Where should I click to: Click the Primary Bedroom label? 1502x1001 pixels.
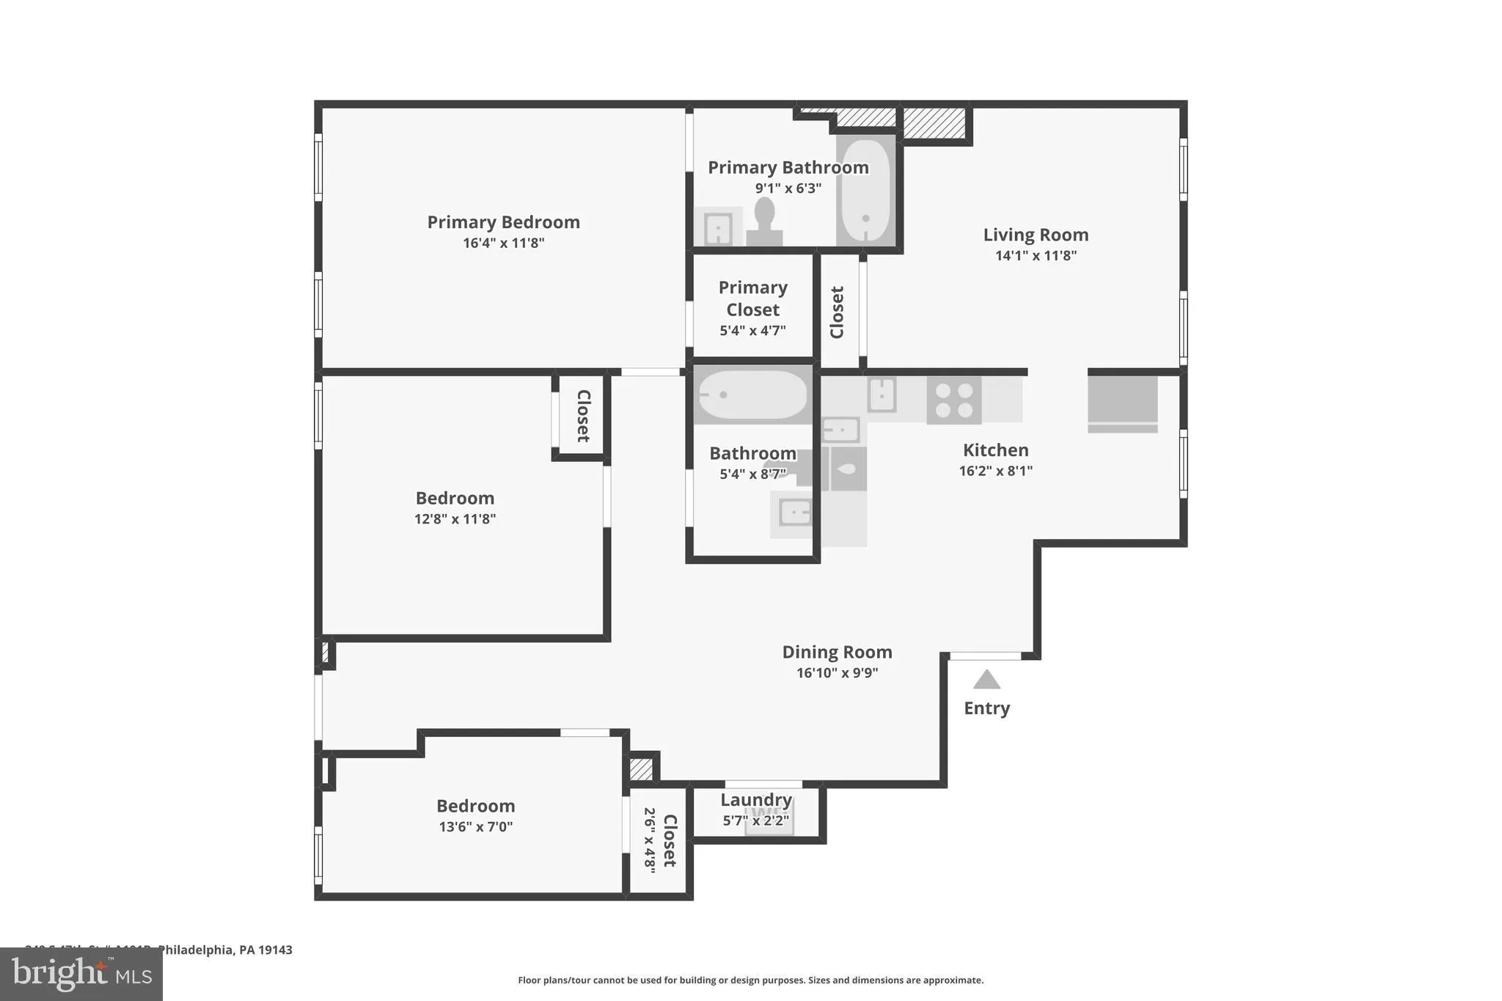point(503,222)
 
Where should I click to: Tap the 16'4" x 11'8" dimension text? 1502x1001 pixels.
point(503,243)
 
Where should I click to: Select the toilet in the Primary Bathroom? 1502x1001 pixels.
point(764,220)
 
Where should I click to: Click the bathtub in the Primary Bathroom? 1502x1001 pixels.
point(865,191)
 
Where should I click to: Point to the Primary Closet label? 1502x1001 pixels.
point(752,298)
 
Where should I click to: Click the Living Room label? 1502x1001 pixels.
point(1036,235)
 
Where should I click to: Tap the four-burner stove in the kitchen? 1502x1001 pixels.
point(953,400)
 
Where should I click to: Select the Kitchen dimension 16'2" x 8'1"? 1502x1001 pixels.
point(995,471)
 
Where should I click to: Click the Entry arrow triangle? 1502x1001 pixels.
point(986,681)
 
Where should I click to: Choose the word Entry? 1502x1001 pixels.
point(986,708)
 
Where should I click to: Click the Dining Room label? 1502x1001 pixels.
point(837,652)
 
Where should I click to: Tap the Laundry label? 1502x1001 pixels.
point(755,800)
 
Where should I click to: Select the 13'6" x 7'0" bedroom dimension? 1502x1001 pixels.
point(475,826)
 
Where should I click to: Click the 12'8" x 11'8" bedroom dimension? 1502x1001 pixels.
point(455,518)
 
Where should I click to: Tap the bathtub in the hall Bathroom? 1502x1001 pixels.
point(752,395)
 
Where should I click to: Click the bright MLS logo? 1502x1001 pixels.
point(81,975)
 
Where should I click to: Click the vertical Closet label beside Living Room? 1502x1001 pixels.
point(837,312)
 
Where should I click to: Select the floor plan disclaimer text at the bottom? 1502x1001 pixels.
point(750,980)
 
